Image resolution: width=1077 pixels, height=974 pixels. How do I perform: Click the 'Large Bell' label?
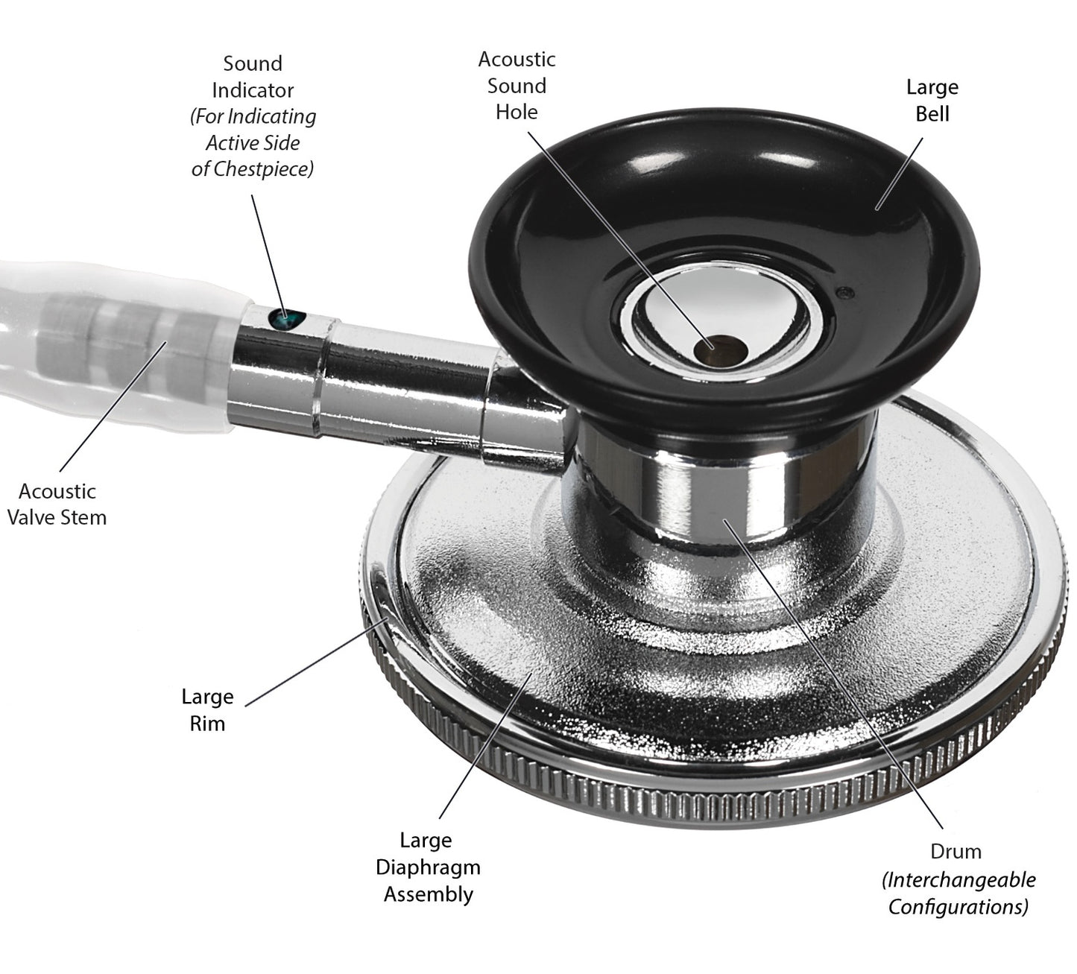[x=932, y=101]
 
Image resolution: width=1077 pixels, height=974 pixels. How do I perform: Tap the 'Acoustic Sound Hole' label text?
[x=517, y=86]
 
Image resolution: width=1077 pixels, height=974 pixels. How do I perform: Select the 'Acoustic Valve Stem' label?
[x=57, y=505]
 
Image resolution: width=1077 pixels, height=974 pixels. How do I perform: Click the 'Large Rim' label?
[x=207, y=710]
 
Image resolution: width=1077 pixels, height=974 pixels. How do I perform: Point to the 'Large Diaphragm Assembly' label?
[x=427, y=867]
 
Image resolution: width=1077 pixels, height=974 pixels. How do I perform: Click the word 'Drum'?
[x=956, y=852]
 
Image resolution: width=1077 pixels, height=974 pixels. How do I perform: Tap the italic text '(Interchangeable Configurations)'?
[x=958, y=894]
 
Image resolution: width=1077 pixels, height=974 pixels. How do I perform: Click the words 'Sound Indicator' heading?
[x=253, y=77]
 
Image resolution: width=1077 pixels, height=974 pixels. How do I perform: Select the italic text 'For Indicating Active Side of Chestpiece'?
[x=253, y=142]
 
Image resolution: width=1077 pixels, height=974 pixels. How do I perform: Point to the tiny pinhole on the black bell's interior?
[x=844, y=292]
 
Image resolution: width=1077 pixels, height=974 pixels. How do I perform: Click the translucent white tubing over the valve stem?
[x=112, y=343]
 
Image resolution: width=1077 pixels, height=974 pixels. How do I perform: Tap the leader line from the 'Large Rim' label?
[x=313, y=662]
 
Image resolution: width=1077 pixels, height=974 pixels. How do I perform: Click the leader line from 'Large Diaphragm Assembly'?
[x=484, y=745]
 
